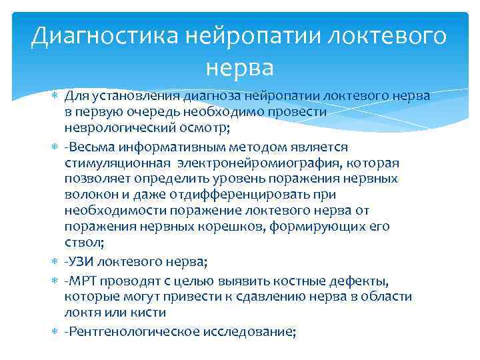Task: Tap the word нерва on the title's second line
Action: [240, 67]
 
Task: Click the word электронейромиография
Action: [264, 162]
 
